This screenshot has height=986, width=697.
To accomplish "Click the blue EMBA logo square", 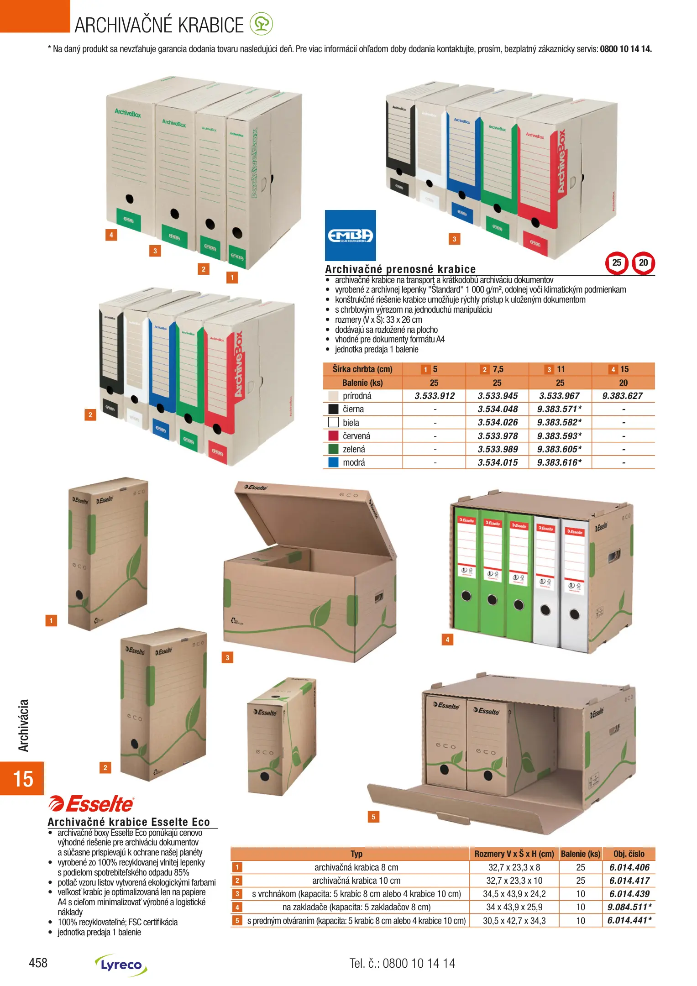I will [350, 235].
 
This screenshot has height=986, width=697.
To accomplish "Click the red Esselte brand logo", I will [91, 804].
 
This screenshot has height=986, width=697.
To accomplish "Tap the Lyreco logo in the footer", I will [121, 965].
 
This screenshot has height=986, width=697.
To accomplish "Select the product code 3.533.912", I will [434, 396].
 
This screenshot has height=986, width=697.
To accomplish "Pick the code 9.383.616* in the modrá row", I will [559, 462].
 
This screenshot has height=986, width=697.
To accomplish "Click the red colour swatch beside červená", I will [333, 435].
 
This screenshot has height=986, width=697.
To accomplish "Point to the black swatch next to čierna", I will [333, 409].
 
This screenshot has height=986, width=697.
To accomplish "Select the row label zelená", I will [354, 449].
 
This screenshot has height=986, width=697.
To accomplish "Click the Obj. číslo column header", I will [629, 854].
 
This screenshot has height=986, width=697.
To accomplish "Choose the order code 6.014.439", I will [629, 894].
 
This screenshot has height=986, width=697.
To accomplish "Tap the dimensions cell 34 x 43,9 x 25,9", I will [514, 907].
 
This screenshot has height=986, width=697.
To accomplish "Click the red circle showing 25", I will [617, 263].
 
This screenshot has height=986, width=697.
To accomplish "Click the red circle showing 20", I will [643, 263].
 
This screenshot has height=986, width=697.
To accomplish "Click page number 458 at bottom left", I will [38, 963].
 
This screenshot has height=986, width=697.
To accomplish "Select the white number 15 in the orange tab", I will [22, 779].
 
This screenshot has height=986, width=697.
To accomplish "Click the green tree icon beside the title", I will [261, 24].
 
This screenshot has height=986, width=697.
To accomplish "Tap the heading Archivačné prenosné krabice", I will [400, 269].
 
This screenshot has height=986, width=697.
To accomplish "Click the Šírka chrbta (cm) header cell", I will [362, 369].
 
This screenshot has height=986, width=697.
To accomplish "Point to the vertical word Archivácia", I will [23, 725].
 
